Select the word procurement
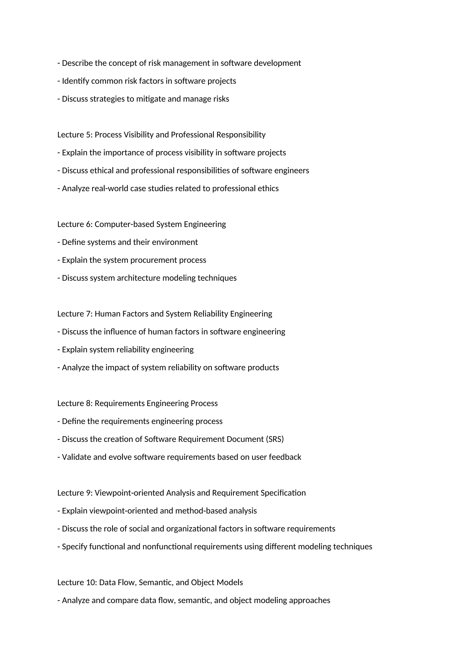pos(154,260)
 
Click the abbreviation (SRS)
pos(275,439)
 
